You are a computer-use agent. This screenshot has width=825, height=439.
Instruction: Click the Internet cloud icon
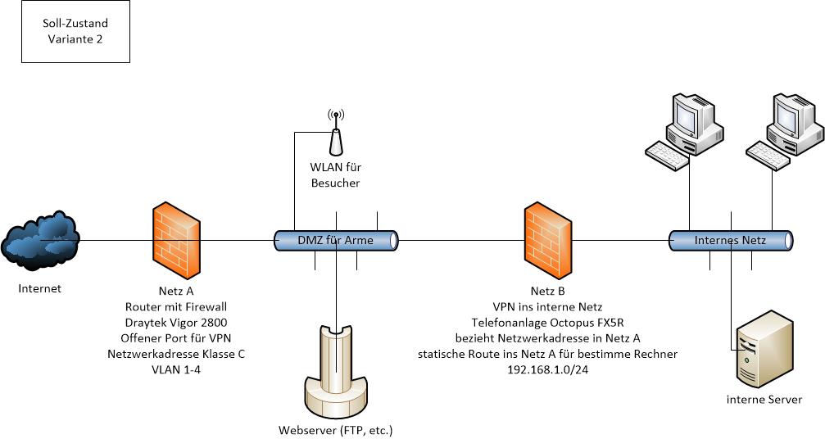point(40,239)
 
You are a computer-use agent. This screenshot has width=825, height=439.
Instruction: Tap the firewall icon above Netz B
point(548,241)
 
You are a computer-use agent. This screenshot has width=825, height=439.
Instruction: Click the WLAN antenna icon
point(335,134)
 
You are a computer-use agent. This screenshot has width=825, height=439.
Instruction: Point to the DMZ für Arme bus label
point(334,241)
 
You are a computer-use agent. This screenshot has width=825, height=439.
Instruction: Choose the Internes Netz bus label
point(730,241)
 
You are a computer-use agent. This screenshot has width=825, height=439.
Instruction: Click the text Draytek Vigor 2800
point(176,322)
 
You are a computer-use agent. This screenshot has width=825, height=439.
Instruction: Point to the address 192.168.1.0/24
point(548,370)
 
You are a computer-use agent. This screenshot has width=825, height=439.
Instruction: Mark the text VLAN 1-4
point(176,370)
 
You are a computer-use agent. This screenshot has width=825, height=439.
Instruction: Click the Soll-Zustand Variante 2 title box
point(75,32)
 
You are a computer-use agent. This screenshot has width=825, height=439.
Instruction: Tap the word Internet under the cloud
point(40,288)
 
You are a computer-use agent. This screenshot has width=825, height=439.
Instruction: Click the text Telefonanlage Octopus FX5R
point(548,322)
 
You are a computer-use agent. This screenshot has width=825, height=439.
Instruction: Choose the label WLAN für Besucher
point(335,175)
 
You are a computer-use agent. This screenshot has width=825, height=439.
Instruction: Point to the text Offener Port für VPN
point(176,338)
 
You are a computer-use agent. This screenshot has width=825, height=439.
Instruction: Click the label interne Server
point(764,400)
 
